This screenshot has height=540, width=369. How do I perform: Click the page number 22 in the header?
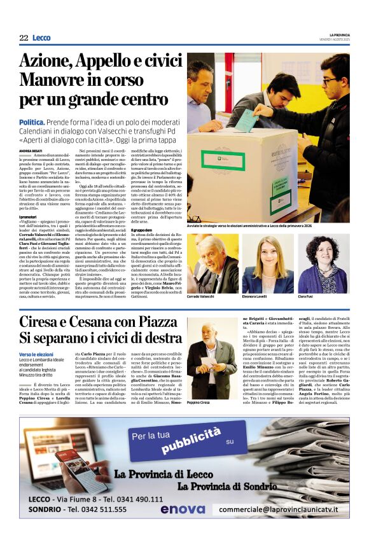24,38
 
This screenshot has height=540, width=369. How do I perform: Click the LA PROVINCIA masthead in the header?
337,34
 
